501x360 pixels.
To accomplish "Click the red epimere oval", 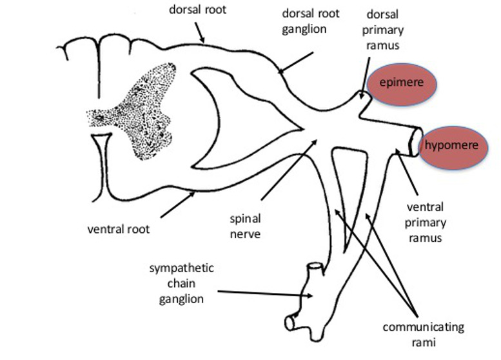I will pos(402,84).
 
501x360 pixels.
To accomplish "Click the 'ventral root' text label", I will pos(119,228).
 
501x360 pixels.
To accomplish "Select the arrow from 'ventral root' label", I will pos(177,205).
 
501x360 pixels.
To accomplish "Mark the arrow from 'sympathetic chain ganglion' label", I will pos(264,294).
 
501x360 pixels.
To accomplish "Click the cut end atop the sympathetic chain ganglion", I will pos(314,266).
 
